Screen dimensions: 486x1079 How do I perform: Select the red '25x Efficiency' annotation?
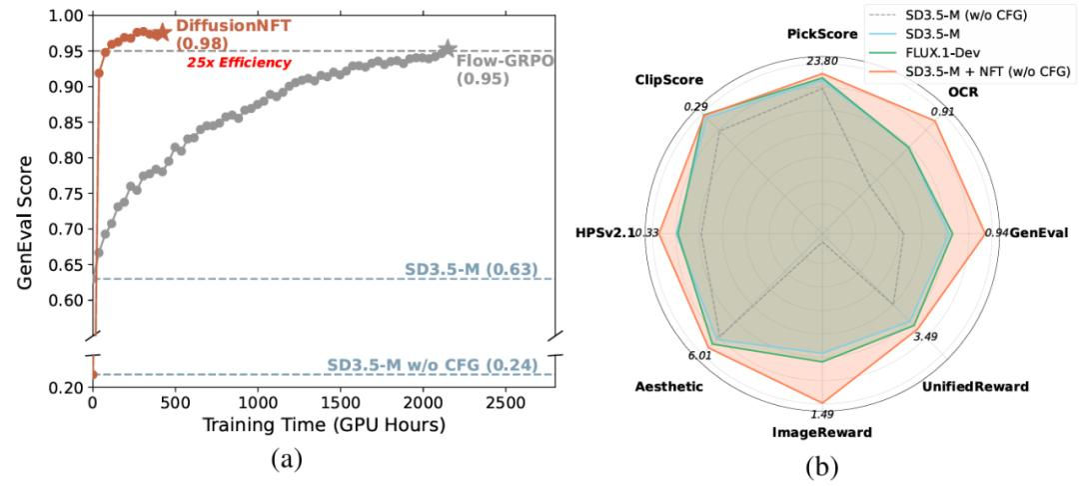(240, 63)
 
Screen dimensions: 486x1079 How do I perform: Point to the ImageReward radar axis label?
(822, 433)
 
